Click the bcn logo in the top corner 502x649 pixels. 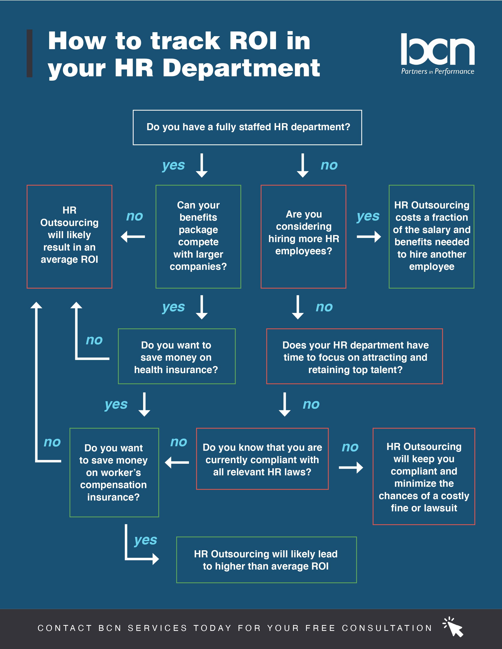pos(437,53)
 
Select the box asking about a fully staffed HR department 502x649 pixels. pos(247,127)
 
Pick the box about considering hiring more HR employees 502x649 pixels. pos(303,237)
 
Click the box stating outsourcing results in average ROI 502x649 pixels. pos(69,237)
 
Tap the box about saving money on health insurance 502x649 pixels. pos(177,356)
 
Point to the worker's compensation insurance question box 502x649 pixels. pos(114,472)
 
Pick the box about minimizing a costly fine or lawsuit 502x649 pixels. pos(424,476)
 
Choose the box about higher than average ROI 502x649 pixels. pos(267,560)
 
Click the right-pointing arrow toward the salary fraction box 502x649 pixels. pos(369,237)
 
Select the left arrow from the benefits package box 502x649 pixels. pos(133,237)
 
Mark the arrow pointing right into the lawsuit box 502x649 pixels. pos(351,467)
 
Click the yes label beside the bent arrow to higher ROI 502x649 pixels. pos(145,540)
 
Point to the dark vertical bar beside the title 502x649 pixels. pos(30,53)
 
